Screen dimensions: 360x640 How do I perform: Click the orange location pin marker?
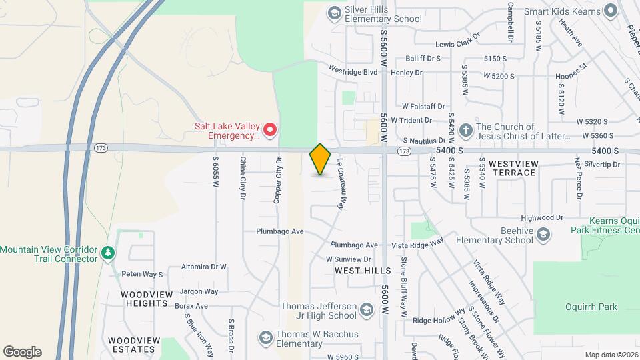(321, 159)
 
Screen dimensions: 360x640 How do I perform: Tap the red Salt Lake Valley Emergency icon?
(270, 130)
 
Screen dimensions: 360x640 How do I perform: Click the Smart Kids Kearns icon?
(609, 11)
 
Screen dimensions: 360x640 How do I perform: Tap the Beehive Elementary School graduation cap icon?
(544, 234)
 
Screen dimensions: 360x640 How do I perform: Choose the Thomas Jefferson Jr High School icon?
(366, 309)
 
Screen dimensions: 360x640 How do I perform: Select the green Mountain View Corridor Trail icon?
(108, 254)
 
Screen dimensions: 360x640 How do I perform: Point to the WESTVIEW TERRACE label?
(512, 167)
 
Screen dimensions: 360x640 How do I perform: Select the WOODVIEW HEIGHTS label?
(144, 299)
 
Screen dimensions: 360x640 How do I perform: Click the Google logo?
(22, 352)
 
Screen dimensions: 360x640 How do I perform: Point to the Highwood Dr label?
(542, 217)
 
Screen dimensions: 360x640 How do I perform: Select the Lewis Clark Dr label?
(458, 44)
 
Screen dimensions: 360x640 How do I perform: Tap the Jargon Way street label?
(199, 291)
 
